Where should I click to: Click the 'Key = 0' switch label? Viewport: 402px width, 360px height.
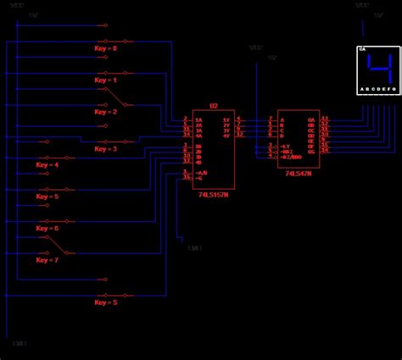[107, 48]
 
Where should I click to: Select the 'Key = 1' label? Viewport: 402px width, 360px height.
[107, 80]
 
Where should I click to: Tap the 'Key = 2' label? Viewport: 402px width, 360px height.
[107, 111]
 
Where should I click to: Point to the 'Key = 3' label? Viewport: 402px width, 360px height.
[107, 148]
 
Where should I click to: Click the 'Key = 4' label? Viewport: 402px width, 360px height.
[47, 165]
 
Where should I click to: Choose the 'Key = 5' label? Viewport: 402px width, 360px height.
[47, 197]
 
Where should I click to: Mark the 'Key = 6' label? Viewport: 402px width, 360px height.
[47, 229]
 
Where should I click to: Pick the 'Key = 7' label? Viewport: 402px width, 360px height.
[47, 260]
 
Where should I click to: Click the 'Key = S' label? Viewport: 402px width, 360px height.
[107, 302]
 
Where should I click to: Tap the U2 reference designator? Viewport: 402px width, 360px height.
[214, 107]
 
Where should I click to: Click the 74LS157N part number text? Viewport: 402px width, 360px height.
[214, 194]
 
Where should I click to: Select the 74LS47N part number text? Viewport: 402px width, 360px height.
[299, 173]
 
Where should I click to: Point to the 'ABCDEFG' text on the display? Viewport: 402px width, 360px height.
[377, 89]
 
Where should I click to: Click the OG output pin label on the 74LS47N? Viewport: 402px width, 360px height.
[310, 150]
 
